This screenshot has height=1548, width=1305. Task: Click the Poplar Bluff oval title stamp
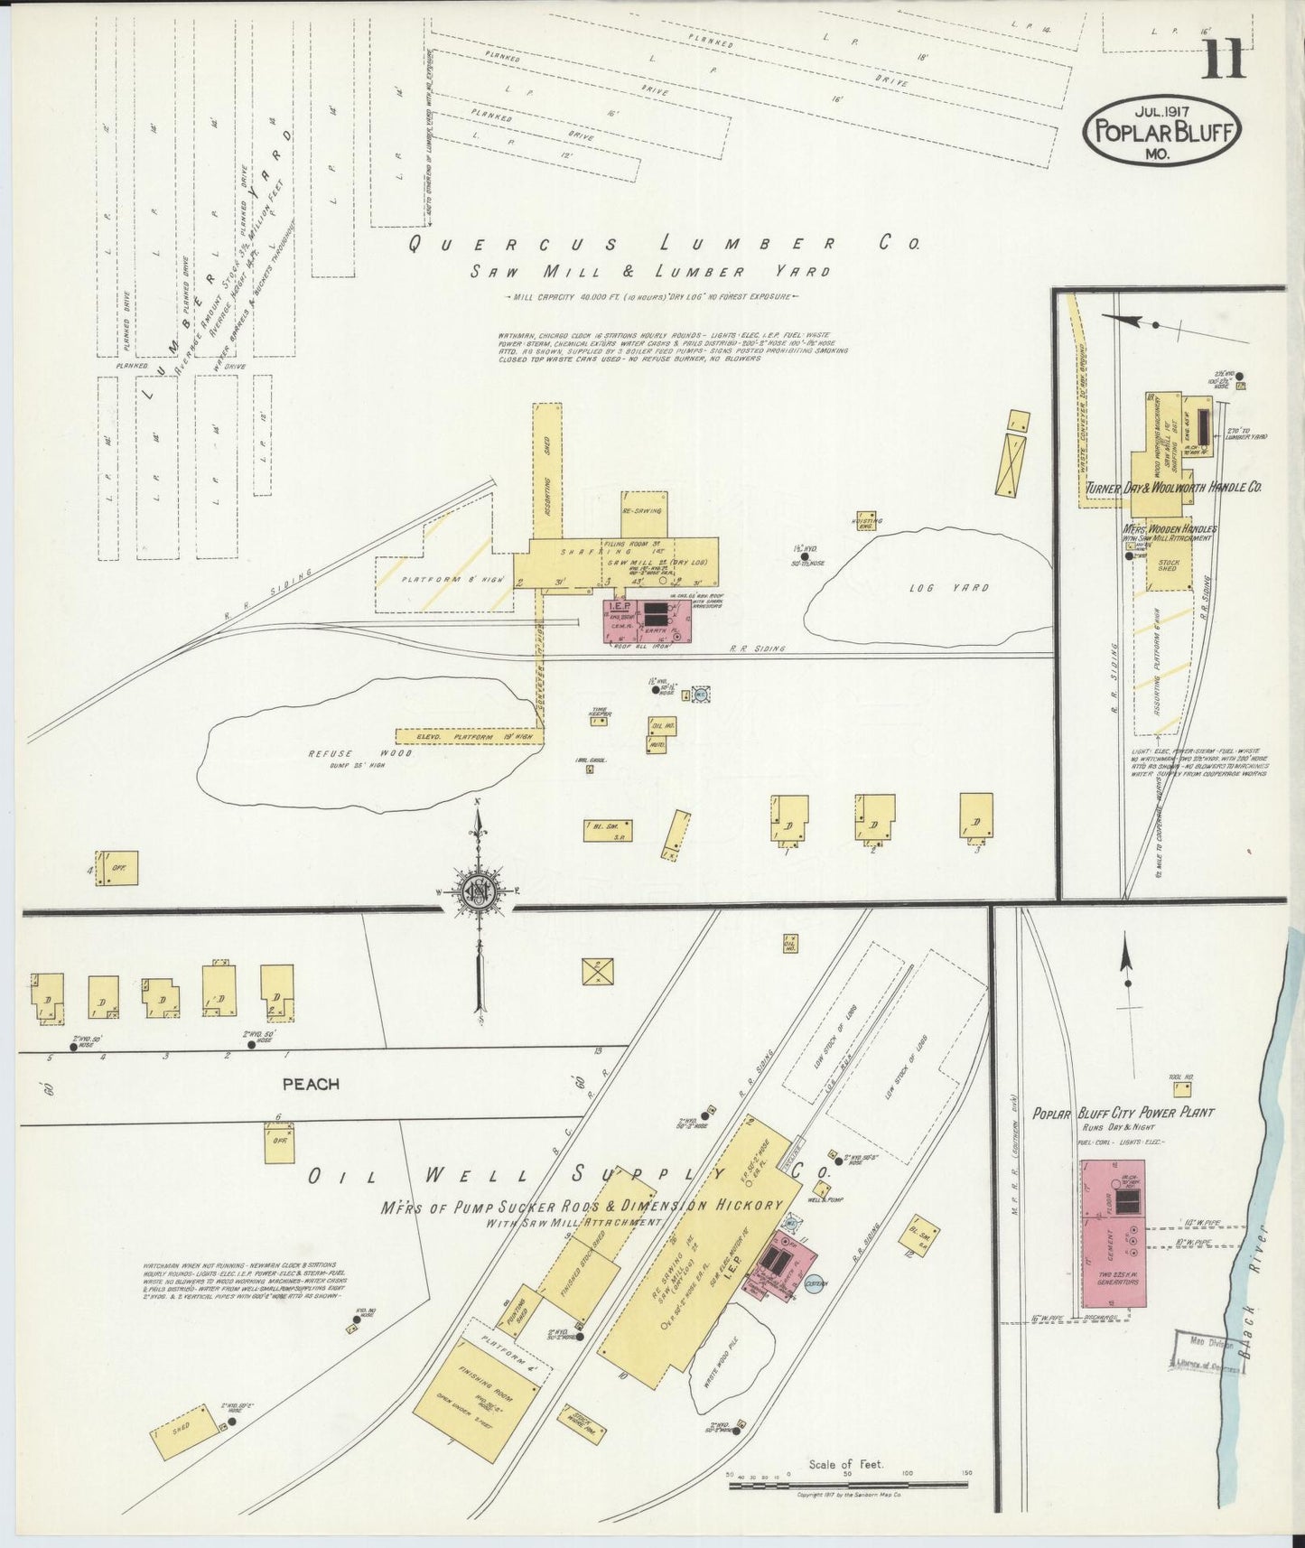(1161, 130)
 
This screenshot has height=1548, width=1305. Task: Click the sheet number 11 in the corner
(1224, 61)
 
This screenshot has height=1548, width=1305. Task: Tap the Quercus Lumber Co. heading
(663, 243)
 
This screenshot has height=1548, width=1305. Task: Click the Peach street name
(310, 1083)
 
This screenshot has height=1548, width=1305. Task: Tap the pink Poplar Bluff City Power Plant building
(1114, 1234)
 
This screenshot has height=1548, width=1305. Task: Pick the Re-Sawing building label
(643, 511)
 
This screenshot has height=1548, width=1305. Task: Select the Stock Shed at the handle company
(1169, 567)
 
